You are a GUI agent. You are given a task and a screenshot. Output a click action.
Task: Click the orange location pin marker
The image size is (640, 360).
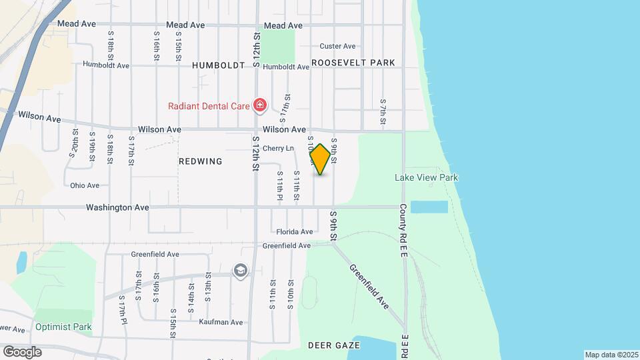tap(320, 159)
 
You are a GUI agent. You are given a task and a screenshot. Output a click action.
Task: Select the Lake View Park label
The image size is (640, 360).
tap(426, 177)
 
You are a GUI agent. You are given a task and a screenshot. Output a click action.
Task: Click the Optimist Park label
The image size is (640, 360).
tap(63, 327)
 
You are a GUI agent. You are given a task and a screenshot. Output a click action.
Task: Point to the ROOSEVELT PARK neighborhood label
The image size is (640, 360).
tap(353, 63)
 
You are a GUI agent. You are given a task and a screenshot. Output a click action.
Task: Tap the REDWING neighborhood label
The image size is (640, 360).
tap(200, 161)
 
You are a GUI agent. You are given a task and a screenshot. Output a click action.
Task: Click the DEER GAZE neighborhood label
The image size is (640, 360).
tap(334, 345)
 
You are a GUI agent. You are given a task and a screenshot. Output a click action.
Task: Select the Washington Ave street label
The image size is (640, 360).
tap(117, 207)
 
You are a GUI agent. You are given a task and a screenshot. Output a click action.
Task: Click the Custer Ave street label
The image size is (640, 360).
tap(337, 46)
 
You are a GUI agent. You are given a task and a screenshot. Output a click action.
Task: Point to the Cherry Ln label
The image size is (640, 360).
tap(278, 148)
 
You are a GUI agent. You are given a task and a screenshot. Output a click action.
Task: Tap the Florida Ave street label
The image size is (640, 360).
tap(295, 232)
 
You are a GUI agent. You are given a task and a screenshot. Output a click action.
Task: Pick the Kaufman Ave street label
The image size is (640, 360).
tap(221, 322)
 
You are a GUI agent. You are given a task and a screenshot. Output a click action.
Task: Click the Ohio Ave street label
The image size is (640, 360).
tap(85, 185)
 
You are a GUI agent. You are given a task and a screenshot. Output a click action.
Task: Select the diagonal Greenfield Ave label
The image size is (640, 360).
tap(369, 287)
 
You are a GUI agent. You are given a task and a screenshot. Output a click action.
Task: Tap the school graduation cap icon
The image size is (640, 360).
tap(239, 271)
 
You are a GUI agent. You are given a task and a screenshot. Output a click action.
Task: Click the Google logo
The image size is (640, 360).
tap(22, 351)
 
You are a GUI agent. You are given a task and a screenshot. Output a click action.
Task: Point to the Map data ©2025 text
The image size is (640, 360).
tap(611, 355)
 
